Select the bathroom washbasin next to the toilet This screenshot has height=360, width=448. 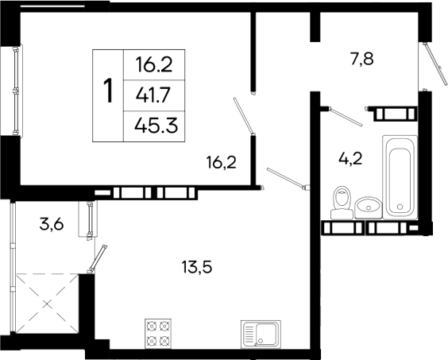[x=369, y=206]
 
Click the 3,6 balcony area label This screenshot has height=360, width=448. [x=52, y=225]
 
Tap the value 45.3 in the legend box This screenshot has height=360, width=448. [x=154, y=124]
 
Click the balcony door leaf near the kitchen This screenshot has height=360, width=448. [x=99, y=259]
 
